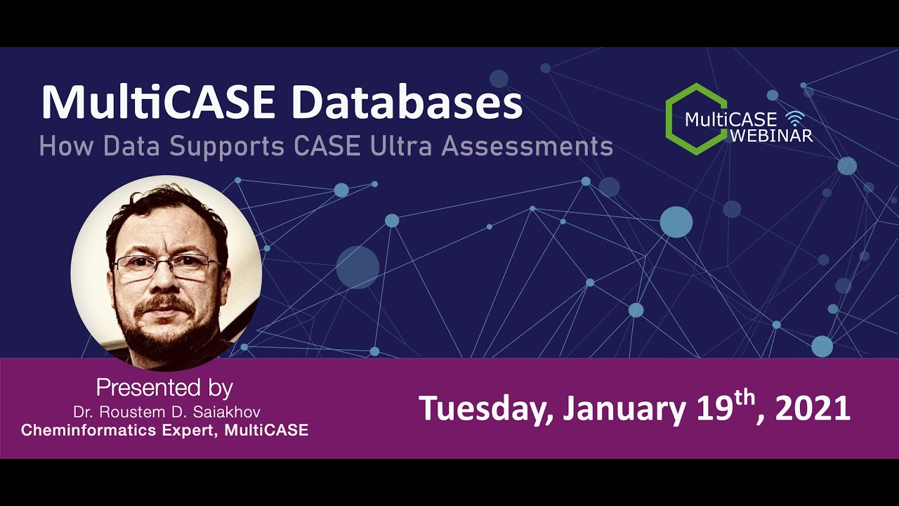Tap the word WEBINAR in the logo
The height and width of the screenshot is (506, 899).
(771, 135)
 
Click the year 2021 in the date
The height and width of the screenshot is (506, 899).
(813, 408)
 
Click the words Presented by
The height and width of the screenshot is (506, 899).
(164, 388)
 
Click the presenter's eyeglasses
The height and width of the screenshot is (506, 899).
(166, 266)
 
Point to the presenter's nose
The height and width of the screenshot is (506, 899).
(166, 281)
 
